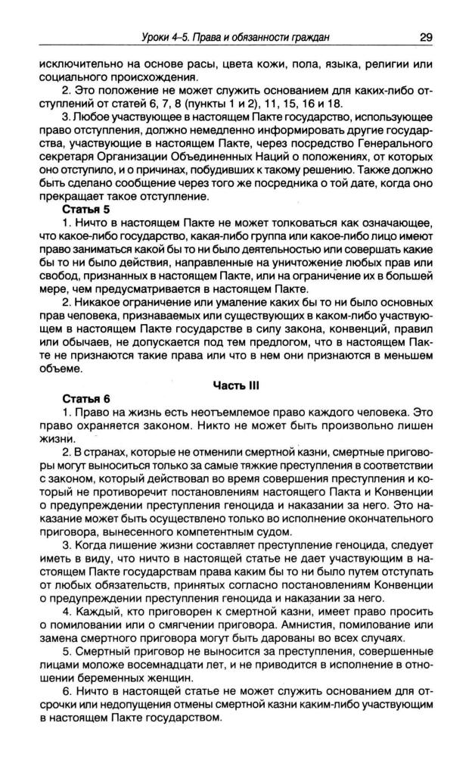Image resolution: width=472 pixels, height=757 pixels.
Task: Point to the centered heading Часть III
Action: click(236, 384)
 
